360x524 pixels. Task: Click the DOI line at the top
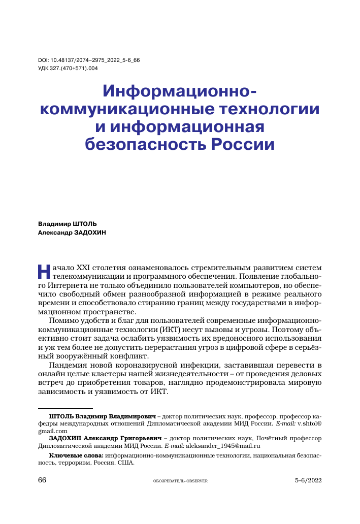pos(89,60)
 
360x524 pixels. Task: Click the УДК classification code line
pos(68,68)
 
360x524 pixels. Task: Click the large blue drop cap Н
pos(45,272)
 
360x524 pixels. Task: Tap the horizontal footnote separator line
pos(66,408)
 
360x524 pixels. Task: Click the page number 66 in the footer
pos(43,480)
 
